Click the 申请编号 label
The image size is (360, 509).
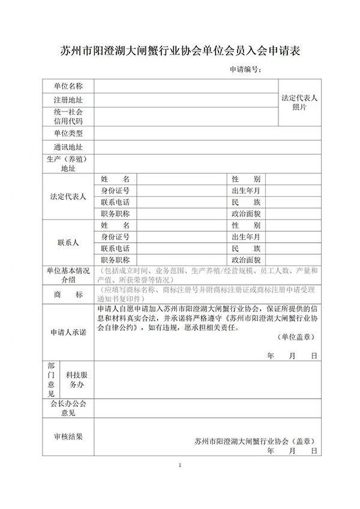(247, 70)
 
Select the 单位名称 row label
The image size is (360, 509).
(68, 86)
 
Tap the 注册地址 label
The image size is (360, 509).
(68, 100)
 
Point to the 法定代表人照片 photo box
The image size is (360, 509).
(299, 102)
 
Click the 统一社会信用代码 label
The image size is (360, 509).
(68, 116)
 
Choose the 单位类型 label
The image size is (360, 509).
(68, 133)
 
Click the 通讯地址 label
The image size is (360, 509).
(68, 147)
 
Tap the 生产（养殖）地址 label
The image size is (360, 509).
(68, 164)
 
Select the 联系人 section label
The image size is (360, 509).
(68, 243)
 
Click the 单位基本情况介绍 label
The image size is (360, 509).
(68, 275)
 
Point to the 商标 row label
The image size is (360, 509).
(68, 294)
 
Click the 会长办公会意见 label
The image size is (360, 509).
(68, 408)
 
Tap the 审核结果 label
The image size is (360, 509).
(68, 437)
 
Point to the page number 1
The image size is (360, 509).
(180, 465)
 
